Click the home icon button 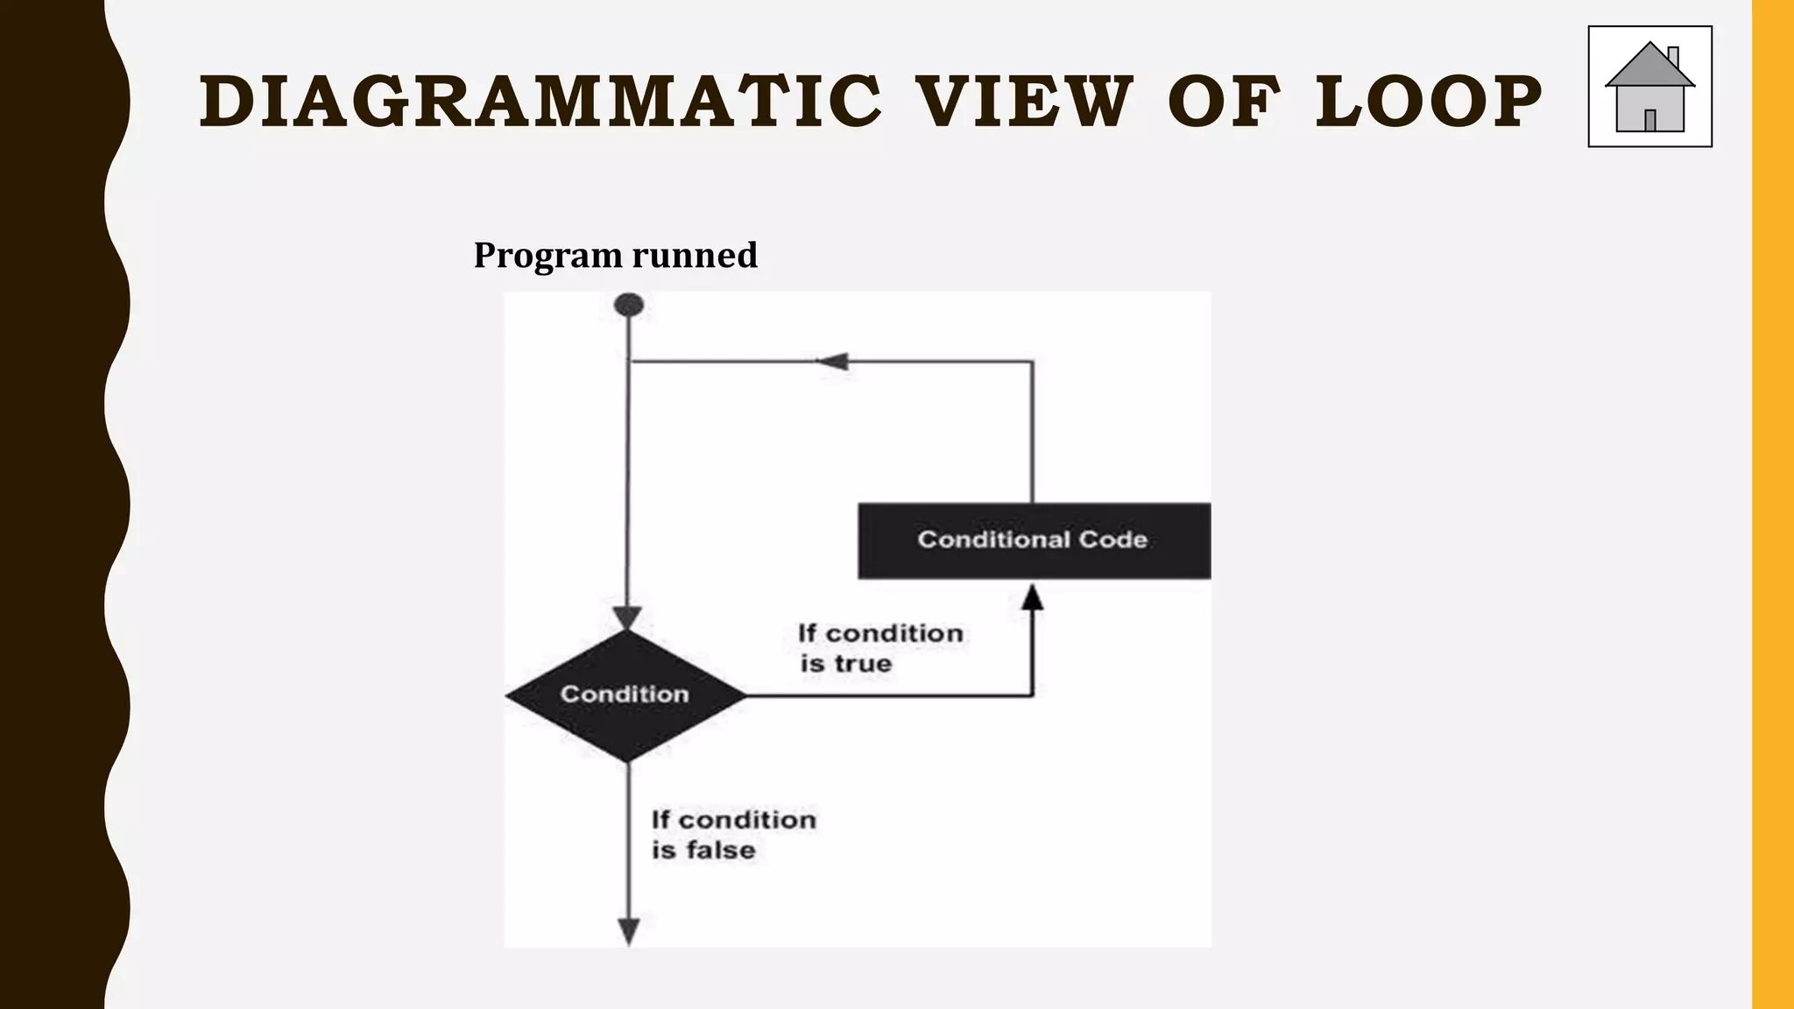[1649, 87]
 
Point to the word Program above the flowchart [548, 256]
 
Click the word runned [695, 256]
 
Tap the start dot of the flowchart [629, 305]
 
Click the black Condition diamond [626, 695]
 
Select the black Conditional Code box [1034, 540]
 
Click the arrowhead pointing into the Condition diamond [627, 617]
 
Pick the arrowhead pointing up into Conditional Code [1033, 597]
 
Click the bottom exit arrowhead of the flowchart [629, 931]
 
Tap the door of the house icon [1650, 120]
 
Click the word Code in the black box [1112, 540]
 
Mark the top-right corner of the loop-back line [1032, 361]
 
